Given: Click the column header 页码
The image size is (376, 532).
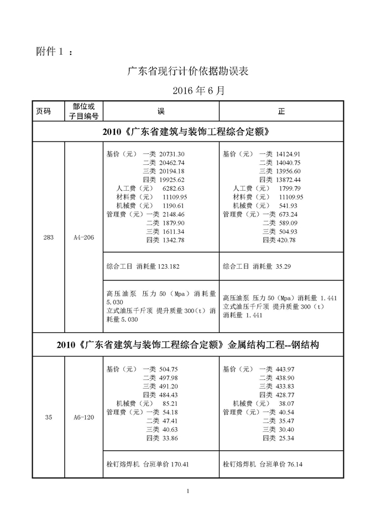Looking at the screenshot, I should tap(43, 111).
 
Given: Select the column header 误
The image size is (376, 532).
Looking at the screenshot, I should tap(161, 111).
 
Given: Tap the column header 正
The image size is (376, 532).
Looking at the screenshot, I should tap(281, 111).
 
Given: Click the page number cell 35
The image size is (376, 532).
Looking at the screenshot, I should tap(48, 418).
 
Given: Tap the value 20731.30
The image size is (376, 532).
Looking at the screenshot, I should tap(171, 154).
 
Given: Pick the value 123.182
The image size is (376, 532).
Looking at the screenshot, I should tap(169, 266).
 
